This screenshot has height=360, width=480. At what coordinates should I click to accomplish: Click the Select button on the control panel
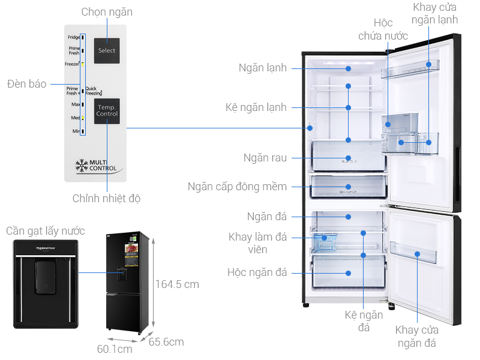107,50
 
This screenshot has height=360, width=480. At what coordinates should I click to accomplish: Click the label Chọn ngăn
107,12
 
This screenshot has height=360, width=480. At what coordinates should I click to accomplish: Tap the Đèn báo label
26,84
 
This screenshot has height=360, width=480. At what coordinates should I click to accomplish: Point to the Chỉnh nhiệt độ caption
106,198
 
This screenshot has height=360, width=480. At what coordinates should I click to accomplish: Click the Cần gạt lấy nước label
45,231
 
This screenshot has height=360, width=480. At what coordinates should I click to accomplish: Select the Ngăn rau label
265,158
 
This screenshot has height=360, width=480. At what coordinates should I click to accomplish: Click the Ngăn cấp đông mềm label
237,187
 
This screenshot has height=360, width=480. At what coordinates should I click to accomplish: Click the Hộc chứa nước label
383,29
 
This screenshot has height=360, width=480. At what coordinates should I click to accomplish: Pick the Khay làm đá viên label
257,243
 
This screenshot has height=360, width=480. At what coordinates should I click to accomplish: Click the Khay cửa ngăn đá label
416,336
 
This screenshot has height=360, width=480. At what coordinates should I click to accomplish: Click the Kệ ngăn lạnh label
256,107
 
